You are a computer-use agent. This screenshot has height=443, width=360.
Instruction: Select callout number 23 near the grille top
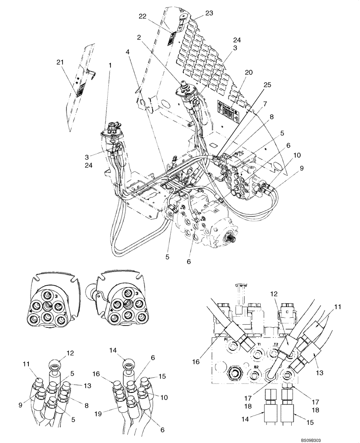click(x=209, y=13)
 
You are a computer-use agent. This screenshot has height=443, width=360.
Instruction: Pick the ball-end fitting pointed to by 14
click(x=127, y=363)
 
